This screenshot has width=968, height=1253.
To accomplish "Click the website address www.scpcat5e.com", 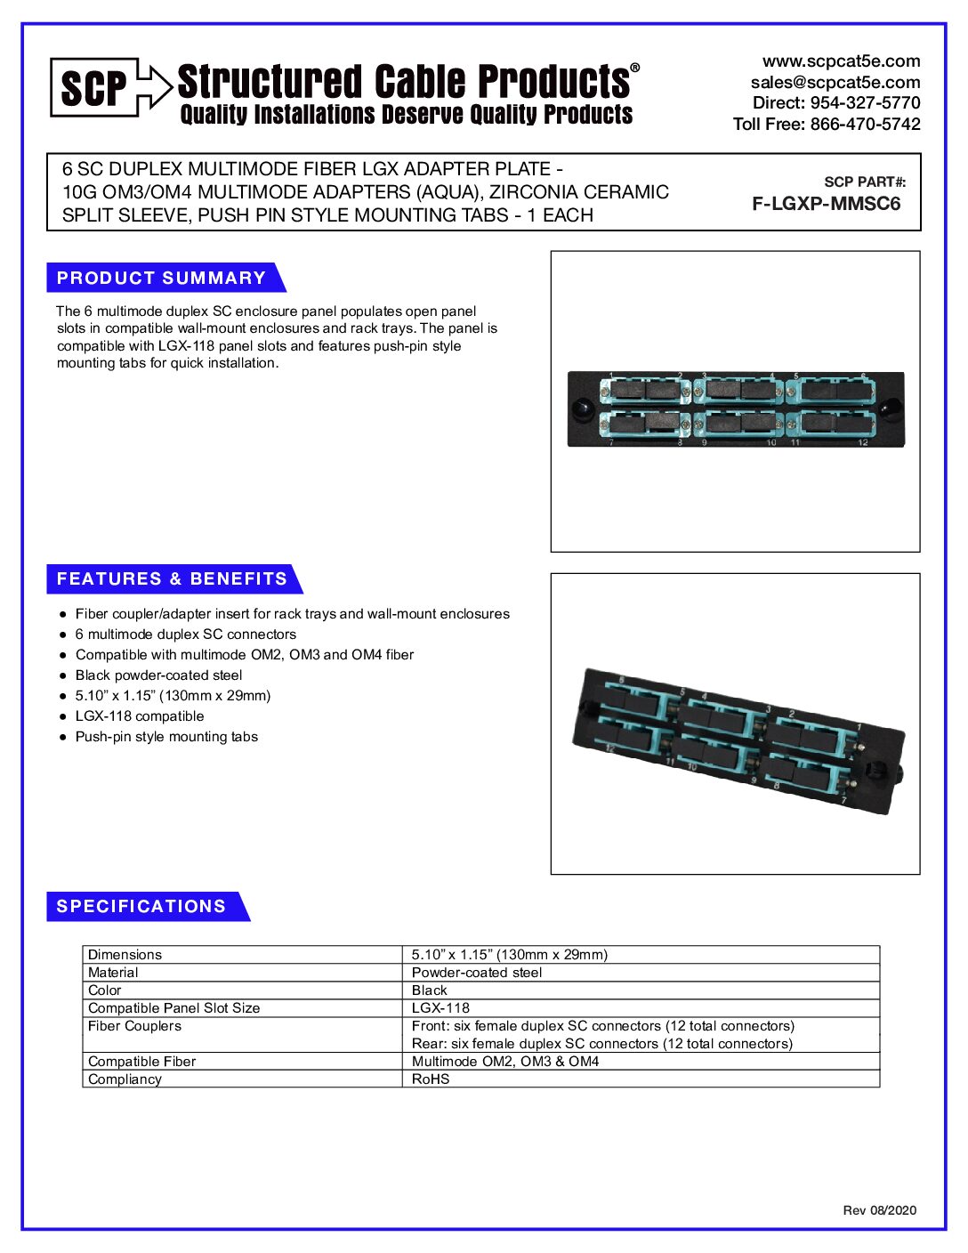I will click(841, 61).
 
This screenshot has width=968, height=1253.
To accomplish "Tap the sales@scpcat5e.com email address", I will click(835, 82).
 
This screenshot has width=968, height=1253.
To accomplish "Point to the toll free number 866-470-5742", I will click(864, 124).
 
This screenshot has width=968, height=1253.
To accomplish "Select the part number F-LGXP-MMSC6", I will click(826, 204).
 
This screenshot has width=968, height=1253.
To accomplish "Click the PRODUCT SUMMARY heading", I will click(161, 278).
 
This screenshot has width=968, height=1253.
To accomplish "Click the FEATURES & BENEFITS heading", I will click(172, 578).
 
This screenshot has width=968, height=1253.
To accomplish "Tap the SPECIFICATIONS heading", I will click(141, 906).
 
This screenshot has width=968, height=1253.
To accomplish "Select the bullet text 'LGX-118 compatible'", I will click(140, 716).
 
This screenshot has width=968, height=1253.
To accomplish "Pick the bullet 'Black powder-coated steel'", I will click(158, 675).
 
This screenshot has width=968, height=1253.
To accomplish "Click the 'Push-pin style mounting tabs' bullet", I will click(166, 737).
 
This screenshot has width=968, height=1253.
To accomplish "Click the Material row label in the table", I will click(113, 973).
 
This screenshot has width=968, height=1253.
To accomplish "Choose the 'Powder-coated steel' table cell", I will click(477, 973).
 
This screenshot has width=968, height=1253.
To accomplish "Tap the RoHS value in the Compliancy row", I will click(431, 1079).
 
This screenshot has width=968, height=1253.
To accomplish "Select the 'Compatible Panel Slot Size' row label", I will click(174, 1008).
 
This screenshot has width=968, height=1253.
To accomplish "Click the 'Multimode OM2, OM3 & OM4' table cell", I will click(505, 1062).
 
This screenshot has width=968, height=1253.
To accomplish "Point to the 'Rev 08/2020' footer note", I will click(879, 1210).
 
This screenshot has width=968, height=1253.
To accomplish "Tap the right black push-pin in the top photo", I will click(888, 409).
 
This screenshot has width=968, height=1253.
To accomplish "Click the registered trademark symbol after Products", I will click(634, 68).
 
